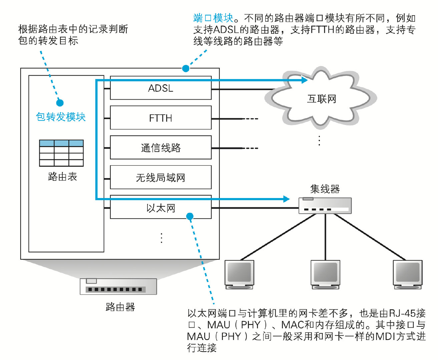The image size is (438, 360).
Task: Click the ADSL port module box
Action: pos(160,88)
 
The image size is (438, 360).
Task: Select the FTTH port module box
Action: pos(160,118)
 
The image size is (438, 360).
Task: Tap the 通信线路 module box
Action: pos(160,148)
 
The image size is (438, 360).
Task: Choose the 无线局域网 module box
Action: pos(160,177)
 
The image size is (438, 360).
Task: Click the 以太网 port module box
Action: pos(160,208)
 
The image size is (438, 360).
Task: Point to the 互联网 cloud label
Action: pos(322,99)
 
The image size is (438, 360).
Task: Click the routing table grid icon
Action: pos(61,153)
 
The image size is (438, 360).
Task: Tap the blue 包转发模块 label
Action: pos(61,117)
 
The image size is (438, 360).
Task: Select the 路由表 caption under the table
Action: pos(62,176)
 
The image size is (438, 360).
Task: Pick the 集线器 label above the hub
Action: pos(325,189)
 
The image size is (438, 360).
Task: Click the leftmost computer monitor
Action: pos(239,274)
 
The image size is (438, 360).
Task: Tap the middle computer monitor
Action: pos(325,274)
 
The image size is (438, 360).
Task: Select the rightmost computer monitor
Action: pos(407,274)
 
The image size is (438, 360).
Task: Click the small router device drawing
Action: pos(118,286)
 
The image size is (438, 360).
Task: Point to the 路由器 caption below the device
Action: pos(120,307)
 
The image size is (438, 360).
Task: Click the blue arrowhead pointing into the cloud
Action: pos(304,80)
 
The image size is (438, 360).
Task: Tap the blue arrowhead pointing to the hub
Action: pos(286,199)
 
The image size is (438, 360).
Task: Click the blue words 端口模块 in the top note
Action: pos(213,18)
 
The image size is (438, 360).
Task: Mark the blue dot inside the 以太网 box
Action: pos(190,217)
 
